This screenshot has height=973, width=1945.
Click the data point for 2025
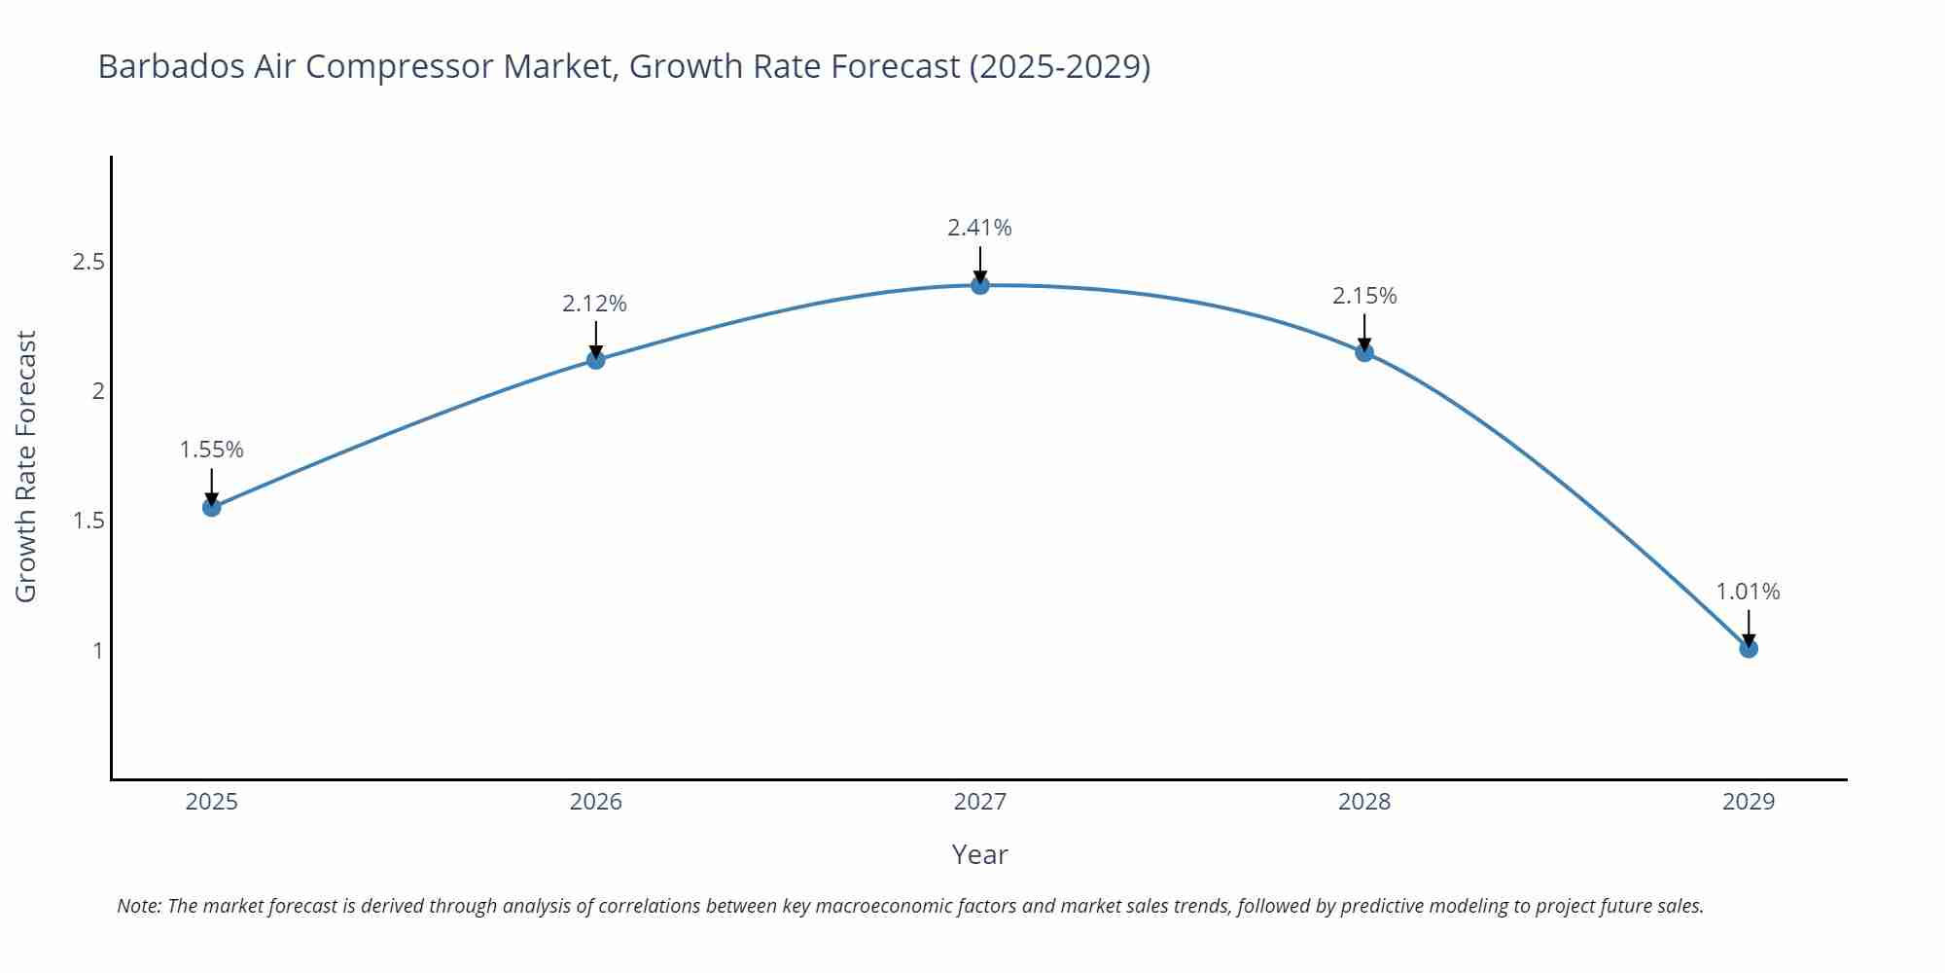[212, 507]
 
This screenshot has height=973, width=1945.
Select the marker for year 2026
[596, 360]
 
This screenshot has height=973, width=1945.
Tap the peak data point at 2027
[980, 285]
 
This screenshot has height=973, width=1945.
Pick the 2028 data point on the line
[1364, 352]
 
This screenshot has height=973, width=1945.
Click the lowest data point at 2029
[1749, 648]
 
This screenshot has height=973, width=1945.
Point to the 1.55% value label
[212, 450]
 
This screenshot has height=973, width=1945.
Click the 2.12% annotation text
[595, 304]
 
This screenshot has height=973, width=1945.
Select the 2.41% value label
[980, 228]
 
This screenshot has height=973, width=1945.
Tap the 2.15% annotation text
[1364, 296]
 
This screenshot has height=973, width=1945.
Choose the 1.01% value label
[1748, 592]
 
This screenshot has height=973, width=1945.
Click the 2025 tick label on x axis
[212, 802]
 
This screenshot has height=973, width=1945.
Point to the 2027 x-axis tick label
[980, 802]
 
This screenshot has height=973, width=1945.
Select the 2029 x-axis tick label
[1749, 802]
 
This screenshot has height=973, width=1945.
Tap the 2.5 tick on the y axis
[88, 262]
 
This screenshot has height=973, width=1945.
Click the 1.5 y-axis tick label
[88, 521]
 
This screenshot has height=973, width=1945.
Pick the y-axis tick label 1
[97, 650]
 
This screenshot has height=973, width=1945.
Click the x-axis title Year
[980, 854]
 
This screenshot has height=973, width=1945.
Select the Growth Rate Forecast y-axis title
[26, 466]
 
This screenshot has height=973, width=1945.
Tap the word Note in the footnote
[138, 906]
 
